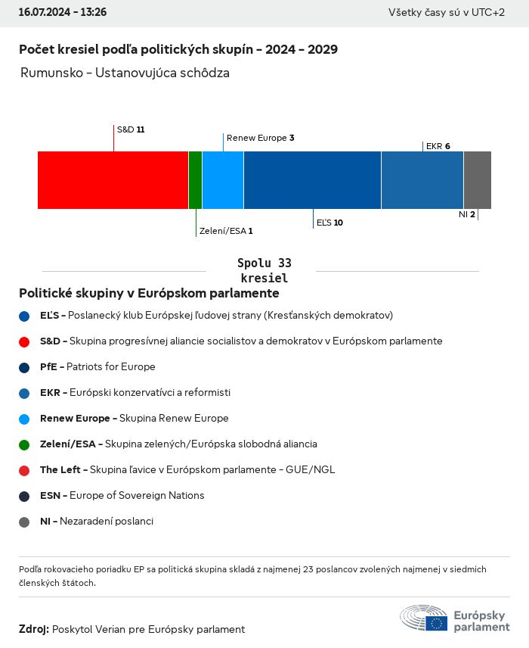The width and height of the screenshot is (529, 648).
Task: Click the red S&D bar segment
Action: click(x=113, y=180)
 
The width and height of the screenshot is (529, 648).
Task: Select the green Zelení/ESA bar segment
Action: click(x=195, y=180)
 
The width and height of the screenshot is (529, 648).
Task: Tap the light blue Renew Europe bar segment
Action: click(x=223, y=180)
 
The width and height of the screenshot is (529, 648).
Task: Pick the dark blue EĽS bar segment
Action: click(x=312, y=180)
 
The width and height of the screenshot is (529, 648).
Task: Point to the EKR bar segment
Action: click(x=422, y=180)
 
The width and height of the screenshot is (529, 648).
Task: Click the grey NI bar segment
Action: click(x=477, y=180)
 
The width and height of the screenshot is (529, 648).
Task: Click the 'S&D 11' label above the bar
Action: click(x=131, y=129)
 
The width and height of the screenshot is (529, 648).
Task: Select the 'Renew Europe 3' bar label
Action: click(x=260, y=138)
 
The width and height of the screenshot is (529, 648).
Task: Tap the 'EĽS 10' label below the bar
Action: click(x=329, y=223)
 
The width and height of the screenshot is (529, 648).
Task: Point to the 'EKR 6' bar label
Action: click(x=438, y=146)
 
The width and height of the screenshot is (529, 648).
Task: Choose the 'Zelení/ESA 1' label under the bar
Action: click(x=225, y=231)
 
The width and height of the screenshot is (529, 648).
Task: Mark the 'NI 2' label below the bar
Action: click(x=466, y=214)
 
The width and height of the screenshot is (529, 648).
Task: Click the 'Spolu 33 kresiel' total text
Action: click(x=264, y=270)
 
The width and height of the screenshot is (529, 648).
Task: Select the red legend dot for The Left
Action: click(x=24, y=470)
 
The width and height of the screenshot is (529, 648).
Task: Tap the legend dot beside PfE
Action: click(x=24, y=367)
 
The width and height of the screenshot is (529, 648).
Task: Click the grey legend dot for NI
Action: click(x=24, y=522)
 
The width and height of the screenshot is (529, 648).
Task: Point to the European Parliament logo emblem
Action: click(x=424, y=618)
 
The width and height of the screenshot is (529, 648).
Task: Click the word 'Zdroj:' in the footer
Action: click(x=34, y=629)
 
